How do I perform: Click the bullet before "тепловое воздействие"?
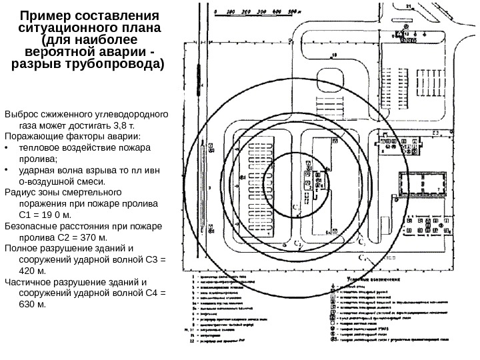click(x=6, y=148)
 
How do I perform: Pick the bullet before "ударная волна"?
click(x=6, y=171)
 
